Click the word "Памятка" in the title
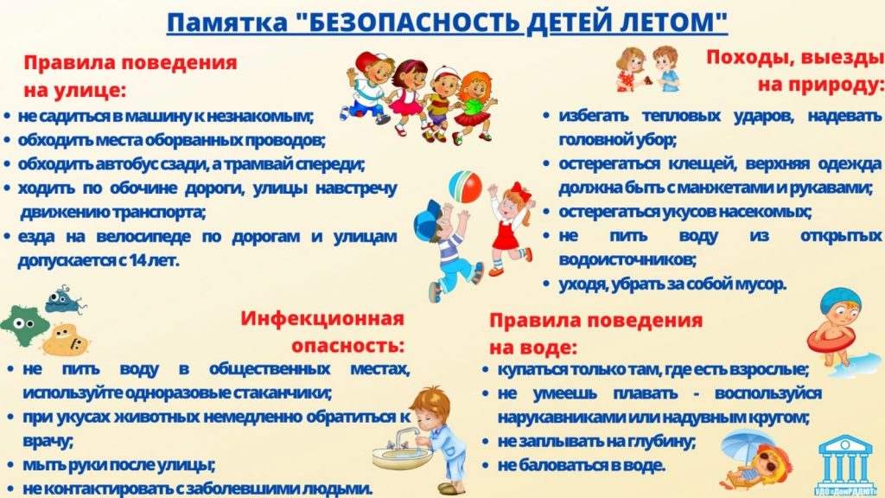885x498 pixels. point(227,23)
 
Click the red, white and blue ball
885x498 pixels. point(465,187)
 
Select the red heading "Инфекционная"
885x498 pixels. point(322,318)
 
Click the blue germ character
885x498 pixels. point(64,300)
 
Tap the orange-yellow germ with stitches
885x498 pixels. point(66,340)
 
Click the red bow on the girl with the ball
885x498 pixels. point(521,191)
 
